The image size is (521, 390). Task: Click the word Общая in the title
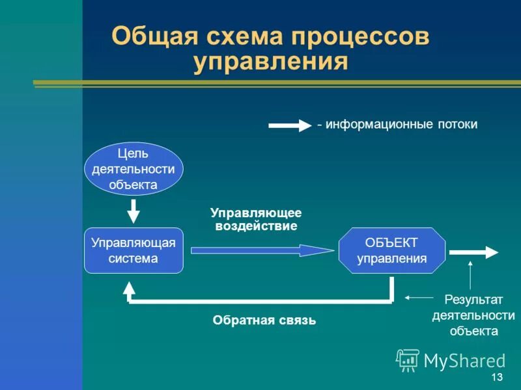click(150, 36)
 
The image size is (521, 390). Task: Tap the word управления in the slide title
click(270, 63)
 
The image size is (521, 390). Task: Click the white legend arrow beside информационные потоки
click(290, 125)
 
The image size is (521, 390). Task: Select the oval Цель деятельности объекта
click(134, 169)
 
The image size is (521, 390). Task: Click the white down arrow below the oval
click(134, 211)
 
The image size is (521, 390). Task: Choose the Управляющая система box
click(134, 250)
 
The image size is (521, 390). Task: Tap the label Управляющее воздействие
click(256, 220)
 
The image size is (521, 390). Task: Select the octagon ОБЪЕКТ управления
click(392, 250)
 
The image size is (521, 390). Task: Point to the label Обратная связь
click(264, 320)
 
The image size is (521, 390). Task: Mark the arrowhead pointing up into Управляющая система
click(130, 287)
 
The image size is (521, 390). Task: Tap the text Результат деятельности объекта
click(473, 315)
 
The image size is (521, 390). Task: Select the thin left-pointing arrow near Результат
click(419, 298)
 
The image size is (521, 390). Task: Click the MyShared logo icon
click(408, 360)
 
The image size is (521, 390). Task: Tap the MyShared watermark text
click(464, 361)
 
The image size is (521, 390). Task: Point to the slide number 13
click(497, 378)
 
